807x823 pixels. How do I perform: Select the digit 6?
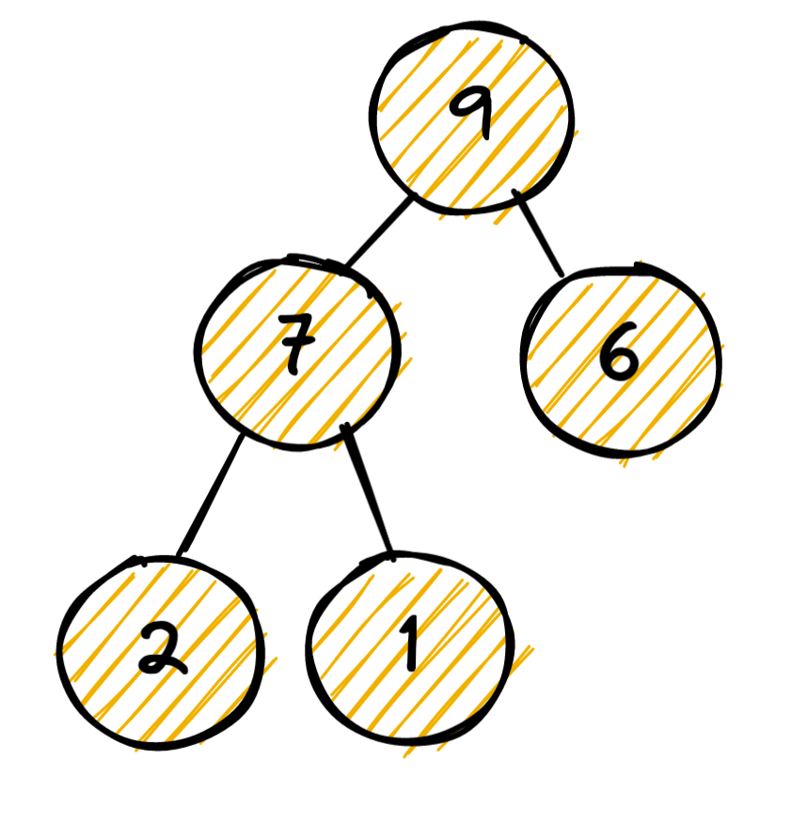tap(620, 358)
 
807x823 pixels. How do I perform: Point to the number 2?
tap(161, 649)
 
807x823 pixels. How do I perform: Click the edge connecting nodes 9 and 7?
tap(379, 231)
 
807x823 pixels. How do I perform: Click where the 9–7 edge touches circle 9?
tap(412, 197)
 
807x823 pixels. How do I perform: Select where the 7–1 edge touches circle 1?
tap(388, 556)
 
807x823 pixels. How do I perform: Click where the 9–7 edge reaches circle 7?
tap(346, 266)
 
